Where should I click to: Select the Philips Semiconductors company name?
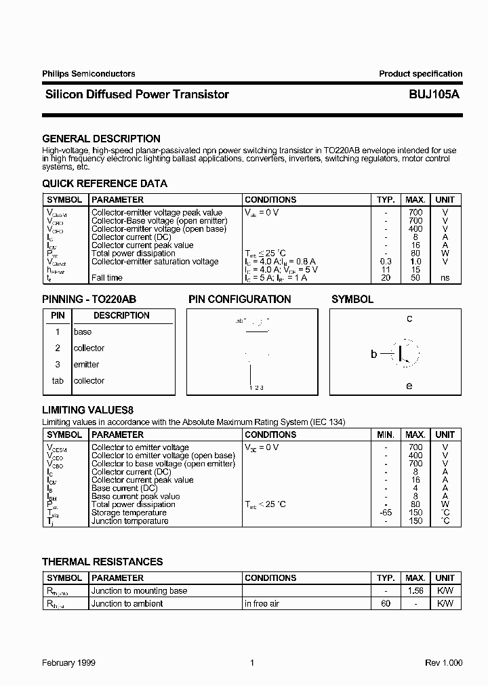[x=88, y=74]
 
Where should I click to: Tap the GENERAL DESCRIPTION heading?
[x=101, y=138]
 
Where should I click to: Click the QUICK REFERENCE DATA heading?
[x=104, y=184]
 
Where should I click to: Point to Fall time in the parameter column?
[x=107, y=278]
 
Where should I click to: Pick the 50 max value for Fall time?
[x=415, y=278]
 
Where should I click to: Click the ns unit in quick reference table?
[x=445, y=278]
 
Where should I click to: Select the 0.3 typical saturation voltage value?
[x=386, y=262]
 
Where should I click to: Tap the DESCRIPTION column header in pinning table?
[x=121, y=316]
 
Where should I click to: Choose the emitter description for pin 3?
[x=86, y=365]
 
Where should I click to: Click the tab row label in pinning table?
[x=58, y=381]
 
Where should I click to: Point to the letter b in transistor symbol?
[x=373, y=353]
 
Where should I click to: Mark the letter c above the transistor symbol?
[x=409, y=319]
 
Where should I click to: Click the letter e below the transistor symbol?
[x=409, y=386]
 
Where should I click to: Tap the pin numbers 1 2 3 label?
[x=256, y=388]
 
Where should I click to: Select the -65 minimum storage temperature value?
[x=386, y=512]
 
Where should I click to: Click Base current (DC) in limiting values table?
[x=124, y=488]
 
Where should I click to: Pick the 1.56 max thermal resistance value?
[x=415, y=591]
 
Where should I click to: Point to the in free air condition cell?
[x=262, y=603]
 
